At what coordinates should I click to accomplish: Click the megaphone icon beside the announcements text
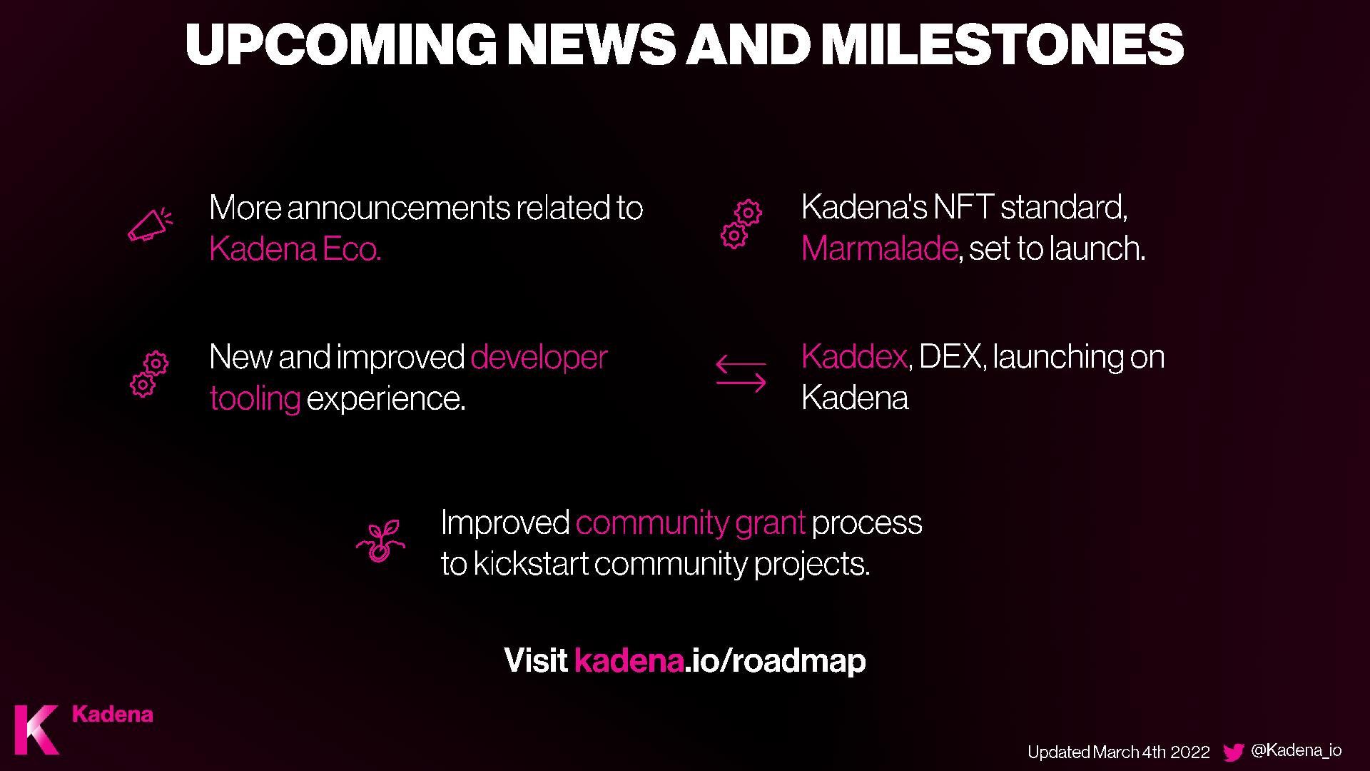150,225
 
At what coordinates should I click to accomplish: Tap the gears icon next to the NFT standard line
741,224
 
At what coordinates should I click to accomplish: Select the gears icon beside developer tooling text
149,374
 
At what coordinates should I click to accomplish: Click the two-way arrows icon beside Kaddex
741,373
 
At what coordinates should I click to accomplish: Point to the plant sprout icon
381,541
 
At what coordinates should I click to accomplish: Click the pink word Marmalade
879,248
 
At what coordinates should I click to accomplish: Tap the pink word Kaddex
854,356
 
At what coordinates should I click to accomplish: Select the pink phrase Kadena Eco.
295,249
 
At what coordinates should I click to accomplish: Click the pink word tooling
255,399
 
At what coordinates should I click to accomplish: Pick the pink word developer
539,358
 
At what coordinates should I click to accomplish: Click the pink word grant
771,523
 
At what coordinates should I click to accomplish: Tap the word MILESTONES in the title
1003,44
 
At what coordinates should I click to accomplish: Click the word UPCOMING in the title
341,44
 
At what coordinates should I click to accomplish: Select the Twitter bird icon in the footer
1234,752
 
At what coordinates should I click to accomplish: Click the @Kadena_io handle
1297,750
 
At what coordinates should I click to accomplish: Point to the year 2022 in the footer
1190,752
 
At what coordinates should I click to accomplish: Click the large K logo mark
37,730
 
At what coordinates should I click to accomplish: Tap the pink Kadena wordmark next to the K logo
113,715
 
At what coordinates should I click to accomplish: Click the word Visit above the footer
535,660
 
